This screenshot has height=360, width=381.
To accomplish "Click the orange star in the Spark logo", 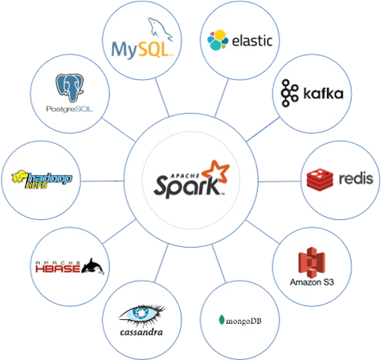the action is pos(216,172).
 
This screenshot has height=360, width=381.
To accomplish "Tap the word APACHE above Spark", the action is pos(185,175).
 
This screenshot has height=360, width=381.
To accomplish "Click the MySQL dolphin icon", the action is pos(160,29).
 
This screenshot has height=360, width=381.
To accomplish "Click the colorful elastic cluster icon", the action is pos(218,40).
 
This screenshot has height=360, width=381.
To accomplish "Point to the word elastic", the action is pos(252,41).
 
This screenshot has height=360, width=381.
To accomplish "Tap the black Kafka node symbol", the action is pos(289,93).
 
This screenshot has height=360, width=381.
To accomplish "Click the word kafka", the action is pos(323,93).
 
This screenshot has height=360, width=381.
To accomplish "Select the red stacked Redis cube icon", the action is pos(320,179).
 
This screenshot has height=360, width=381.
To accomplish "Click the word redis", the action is pos(356,178).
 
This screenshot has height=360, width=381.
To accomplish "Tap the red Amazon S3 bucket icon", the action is pos(312,262).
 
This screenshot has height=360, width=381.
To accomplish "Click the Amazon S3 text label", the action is pos(312,282).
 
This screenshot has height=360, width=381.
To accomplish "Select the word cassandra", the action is pos(142,332).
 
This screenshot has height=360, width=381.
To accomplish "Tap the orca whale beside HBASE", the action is pos(92,266).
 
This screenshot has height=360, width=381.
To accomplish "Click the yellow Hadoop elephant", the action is pos(20,176).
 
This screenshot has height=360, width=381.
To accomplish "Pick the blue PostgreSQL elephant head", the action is pos(70,88).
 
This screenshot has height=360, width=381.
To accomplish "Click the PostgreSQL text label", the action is pos(69,109).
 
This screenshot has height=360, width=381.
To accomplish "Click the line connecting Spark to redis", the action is pos(279,182).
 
